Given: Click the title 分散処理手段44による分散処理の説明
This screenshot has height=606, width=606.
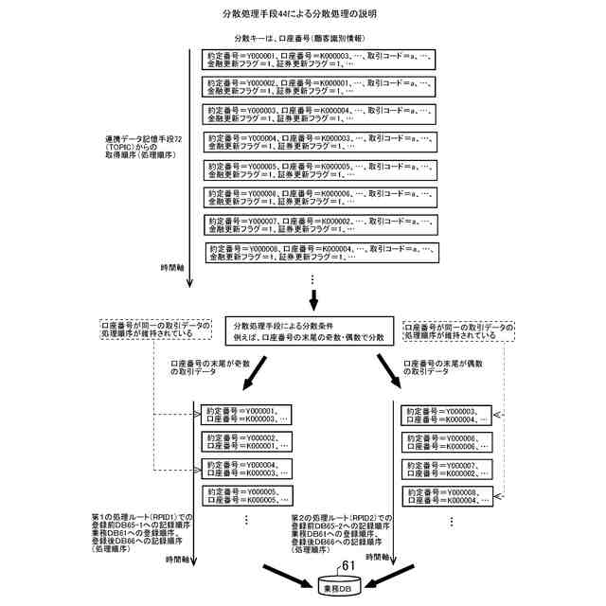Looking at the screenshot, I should [301, 15].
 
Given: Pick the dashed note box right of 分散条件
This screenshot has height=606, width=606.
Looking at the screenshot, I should [459, 330].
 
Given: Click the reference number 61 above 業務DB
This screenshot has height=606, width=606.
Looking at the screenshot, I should [348, 565].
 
